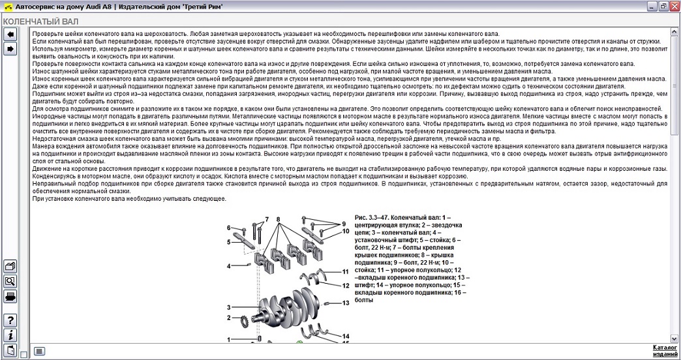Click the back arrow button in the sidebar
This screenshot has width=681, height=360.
(10, 34)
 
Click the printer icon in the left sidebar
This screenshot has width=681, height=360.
(10, 297)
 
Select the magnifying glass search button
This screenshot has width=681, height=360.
(10, 281)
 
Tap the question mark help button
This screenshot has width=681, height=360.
(10, 320)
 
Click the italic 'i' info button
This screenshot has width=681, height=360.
(10, 335)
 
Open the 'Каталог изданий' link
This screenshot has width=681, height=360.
(665, 351)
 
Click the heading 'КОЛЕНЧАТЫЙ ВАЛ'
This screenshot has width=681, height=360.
(37, 21)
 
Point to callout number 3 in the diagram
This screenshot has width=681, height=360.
(229, 307)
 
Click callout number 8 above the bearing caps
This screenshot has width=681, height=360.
(278, 219)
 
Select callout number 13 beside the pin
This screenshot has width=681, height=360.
(346, 303)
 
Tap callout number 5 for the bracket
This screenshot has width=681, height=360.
(229, 242)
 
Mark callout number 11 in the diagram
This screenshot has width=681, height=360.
(346, 271)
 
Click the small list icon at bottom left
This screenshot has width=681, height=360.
(40, 351)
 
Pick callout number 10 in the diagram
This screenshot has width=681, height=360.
(346, 231)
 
